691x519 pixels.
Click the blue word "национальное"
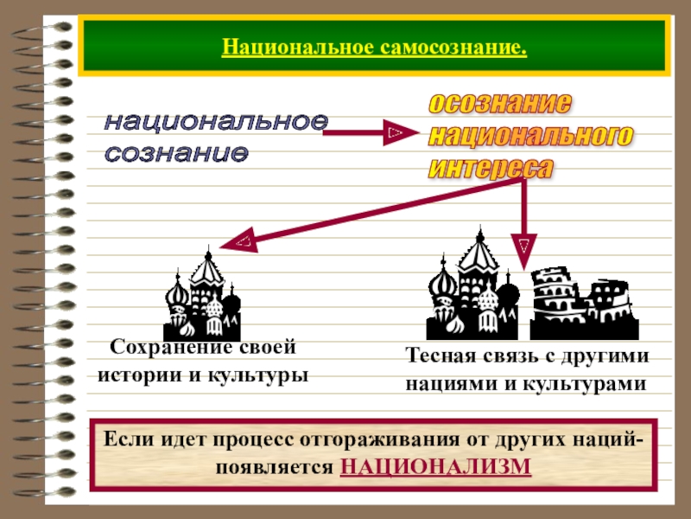tap(216, 122)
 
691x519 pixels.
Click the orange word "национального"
tap(530, 135)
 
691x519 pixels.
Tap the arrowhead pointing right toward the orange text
tap(396, 132)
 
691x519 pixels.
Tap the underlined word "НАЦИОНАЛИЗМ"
tap(436, 466)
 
